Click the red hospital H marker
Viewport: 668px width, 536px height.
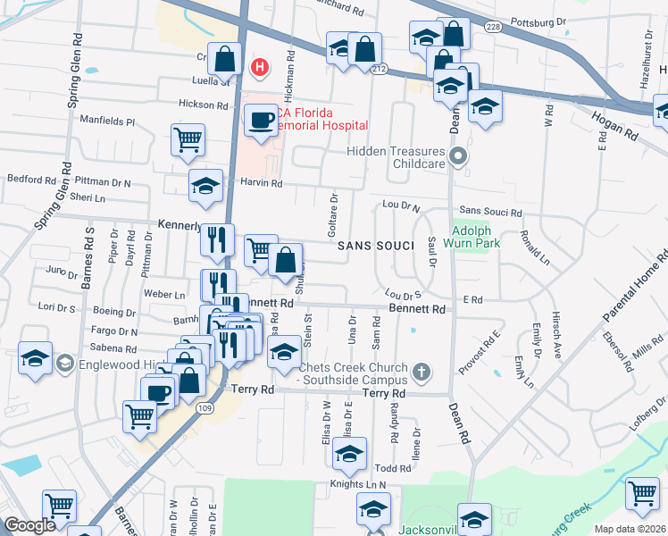(260, 66)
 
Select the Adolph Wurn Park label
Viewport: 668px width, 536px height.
(472, 234)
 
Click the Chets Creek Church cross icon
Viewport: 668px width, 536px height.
(422, 370)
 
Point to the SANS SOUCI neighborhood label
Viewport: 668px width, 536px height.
(376, 245)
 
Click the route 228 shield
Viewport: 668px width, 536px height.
(494, 29)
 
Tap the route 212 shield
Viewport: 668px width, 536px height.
(380, 69)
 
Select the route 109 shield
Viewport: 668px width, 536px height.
(205, 408)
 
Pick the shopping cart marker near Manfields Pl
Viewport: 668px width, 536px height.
(188, 138)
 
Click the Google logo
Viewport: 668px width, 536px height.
(29, 525)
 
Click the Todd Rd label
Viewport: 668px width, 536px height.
(392, 468)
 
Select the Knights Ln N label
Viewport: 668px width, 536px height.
(357, 484)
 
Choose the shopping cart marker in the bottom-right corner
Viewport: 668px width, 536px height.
(642, 492)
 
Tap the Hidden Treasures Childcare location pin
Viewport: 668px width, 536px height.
(458, 157)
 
